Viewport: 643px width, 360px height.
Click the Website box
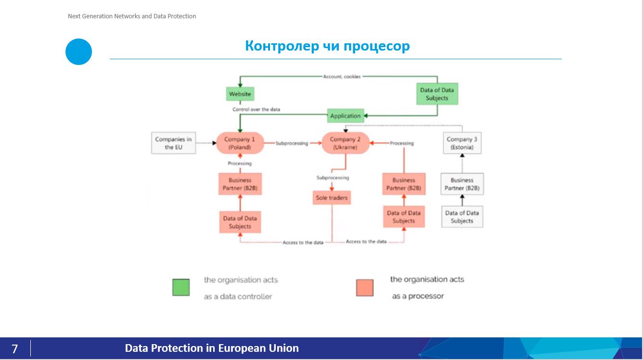pos(240,94)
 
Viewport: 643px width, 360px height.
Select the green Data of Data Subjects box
pos(437,94)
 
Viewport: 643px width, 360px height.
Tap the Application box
pos(345,116)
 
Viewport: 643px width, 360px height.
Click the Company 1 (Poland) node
pos(239,143)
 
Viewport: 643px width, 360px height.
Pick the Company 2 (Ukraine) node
pos(345,143)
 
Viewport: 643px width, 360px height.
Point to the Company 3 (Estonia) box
pos(462,143)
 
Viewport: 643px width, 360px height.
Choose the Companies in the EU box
pos(173,143)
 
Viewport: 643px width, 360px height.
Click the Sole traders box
pos(331,198)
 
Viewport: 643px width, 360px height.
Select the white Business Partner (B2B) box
pos(462,184)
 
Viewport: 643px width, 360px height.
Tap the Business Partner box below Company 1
pos(240,184)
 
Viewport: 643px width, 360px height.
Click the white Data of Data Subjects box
pos(462,217)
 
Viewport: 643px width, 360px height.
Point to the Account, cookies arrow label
pos(342,77)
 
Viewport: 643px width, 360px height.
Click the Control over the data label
pos(256,109)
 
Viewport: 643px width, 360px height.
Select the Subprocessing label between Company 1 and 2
pos(292,143)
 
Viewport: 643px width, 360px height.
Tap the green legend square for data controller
pos(181,287)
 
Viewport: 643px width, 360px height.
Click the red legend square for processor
pos(365,287)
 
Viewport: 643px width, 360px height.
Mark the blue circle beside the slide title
pos(78,51)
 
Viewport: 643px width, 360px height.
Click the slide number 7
pos(15,348)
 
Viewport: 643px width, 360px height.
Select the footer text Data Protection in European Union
pos(212,348)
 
